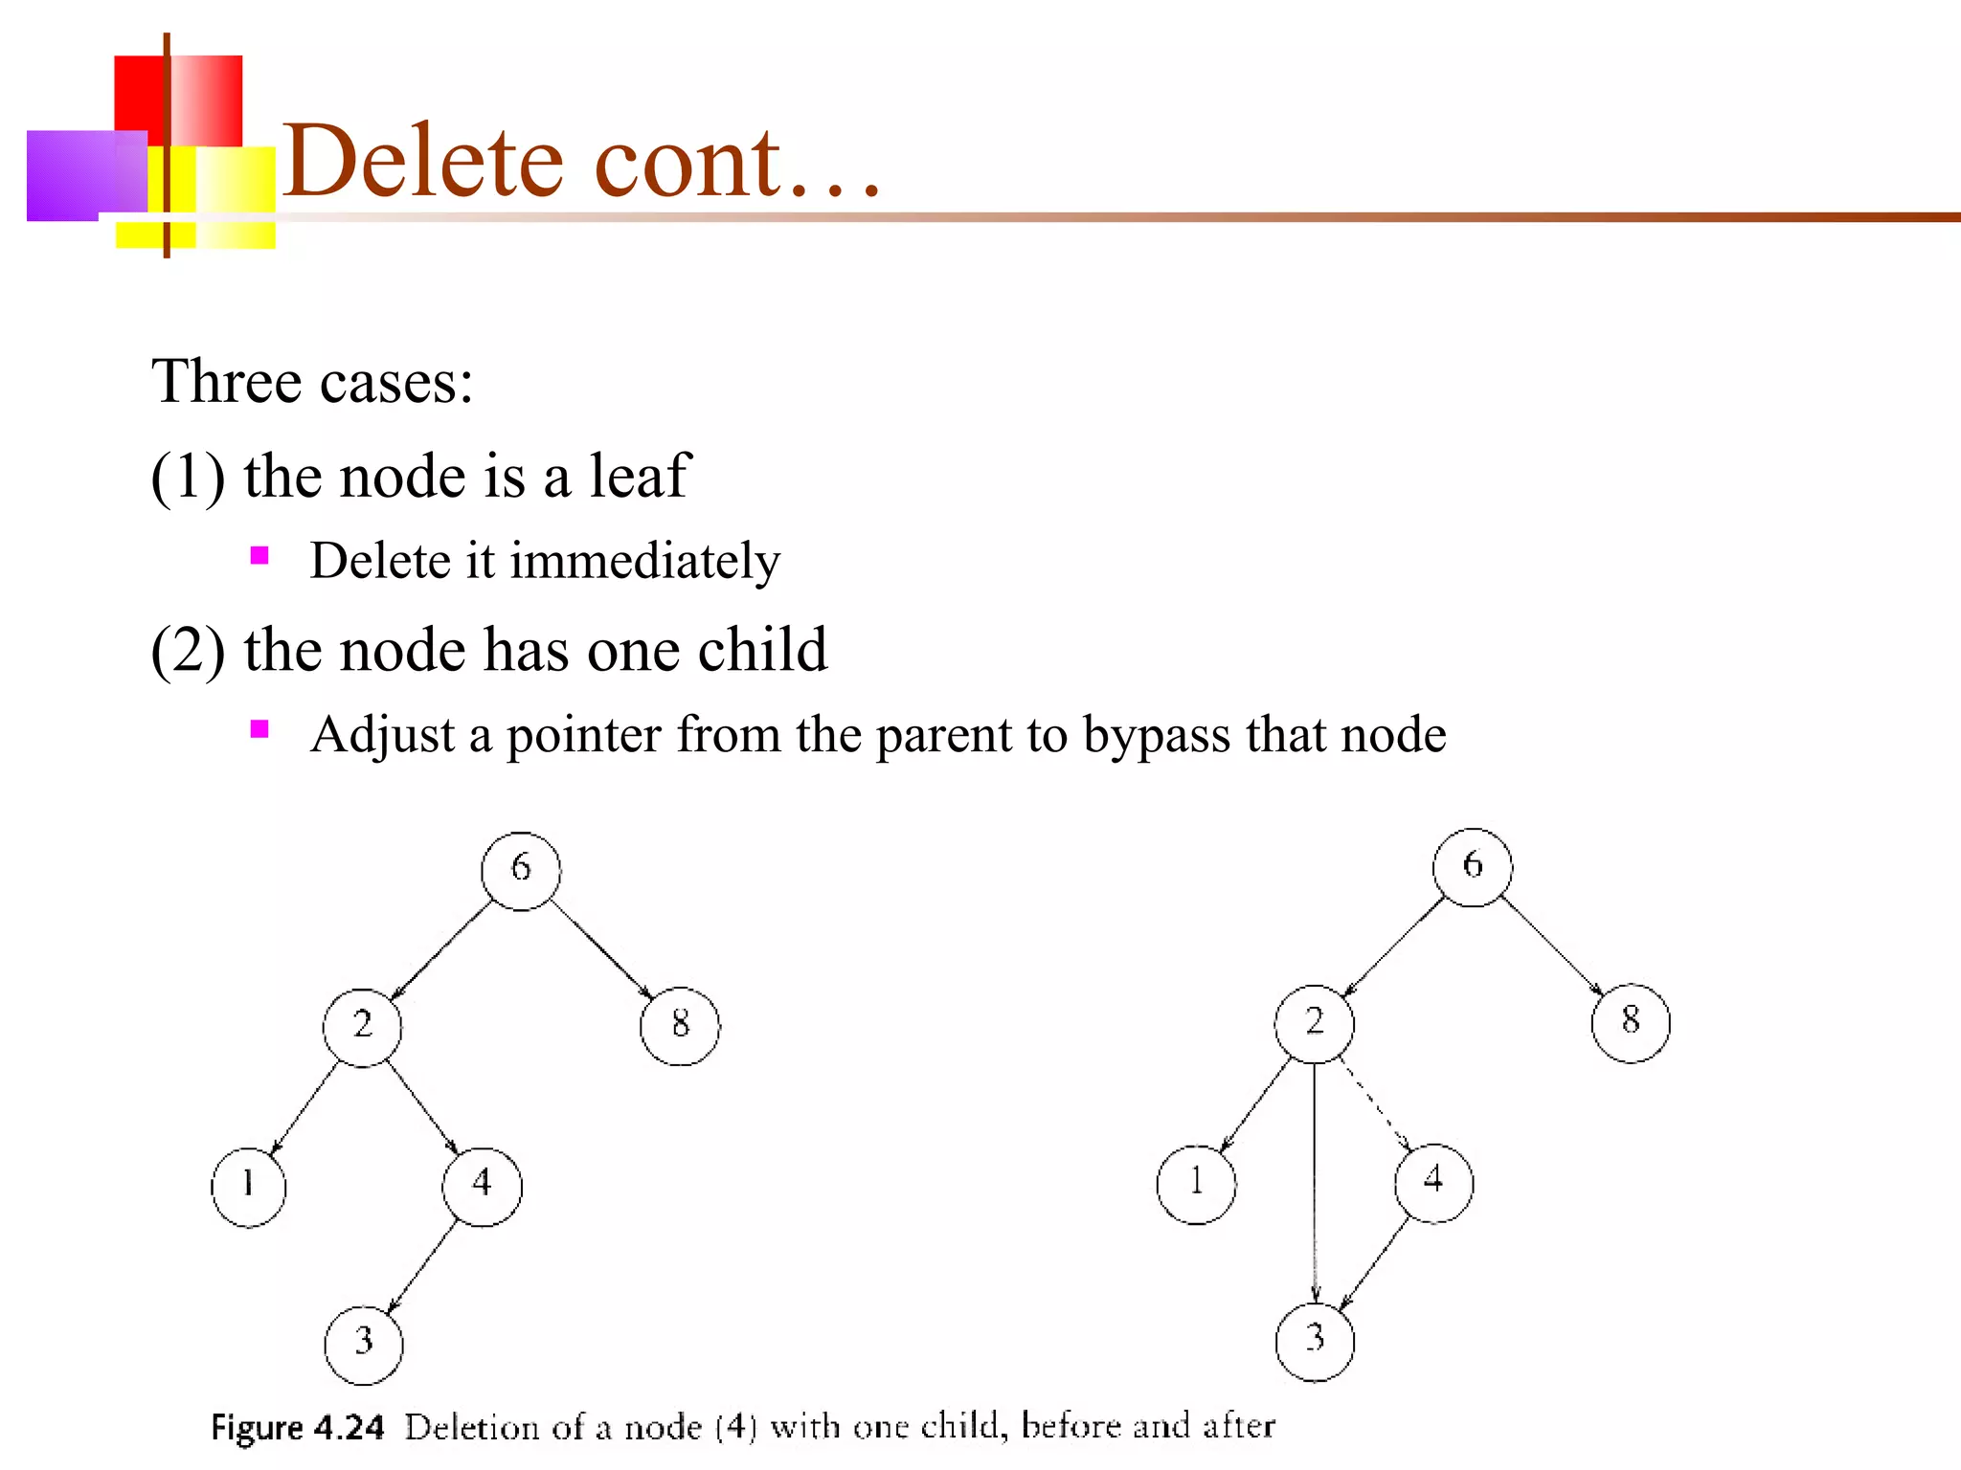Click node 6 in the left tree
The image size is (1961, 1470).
[x=520, y=870]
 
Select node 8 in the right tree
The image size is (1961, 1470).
[x=1631, y=1022]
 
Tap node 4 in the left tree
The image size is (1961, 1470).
[x=482, y=1187]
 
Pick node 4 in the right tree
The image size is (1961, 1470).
[x=1433, y=1183]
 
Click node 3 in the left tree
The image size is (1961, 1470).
[x=364, y=1344]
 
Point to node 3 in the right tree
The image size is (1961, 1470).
[x=1315, y=1341]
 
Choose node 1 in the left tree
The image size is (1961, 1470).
[x=248, y=1187]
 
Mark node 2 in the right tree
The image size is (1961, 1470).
[x=1315, y=1023]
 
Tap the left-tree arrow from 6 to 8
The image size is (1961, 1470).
[x=601, y=948]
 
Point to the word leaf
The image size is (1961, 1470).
[x=639, y=476]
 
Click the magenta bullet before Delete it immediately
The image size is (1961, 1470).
[x=259, y=556]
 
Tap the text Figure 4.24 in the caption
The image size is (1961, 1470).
[x=297, y=1427]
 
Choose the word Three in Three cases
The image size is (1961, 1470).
[x=227, y=382]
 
